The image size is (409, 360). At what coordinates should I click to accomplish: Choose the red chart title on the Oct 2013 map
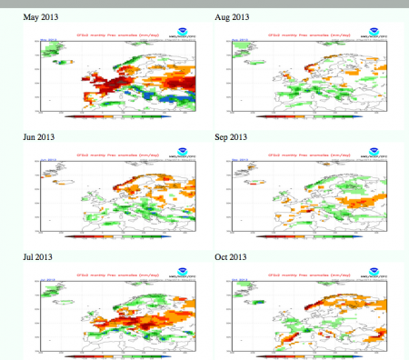tap(314, 269)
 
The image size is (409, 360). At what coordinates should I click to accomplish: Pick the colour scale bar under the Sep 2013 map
tap(309, 235)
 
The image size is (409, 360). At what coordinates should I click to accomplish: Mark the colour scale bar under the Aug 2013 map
tap(309, 116)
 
